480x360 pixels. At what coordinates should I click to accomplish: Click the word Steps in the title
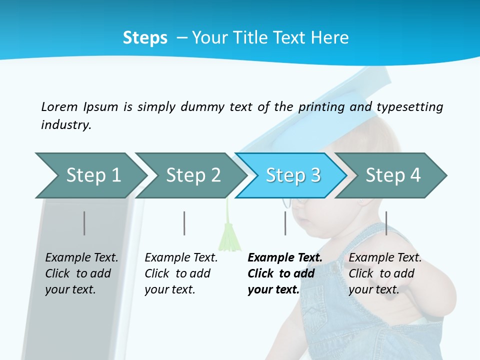pyautogui.click(x=145, y=37)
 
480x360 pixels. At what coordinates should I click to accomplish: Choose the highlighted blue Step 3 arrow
pyautogui.click(x=292, y=175)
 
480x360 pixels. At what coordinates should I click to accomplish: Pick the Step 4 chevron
pyautogui.click(x=392, y=175)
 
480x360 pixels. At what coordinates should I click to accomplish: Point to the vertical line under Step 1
pyautogui.click(x=84, y=223)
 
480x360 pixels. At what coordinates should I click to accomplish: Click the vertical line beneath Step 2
pyautogui.click(x=184, y=223)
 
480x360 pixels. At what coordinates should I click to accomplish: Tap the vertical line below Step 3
pyautogui.click(x=285, y=223)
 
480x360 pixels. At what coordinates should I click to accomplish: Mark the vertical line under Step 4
pyautogui.click(x=386, y=223)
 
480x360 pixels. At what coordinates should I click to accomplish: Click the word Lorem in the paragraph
pyautogui.click(x=59, y=107)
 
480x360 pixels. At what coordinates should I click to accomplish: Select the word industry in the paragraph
pyautogui.click(x=66, y=125)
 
